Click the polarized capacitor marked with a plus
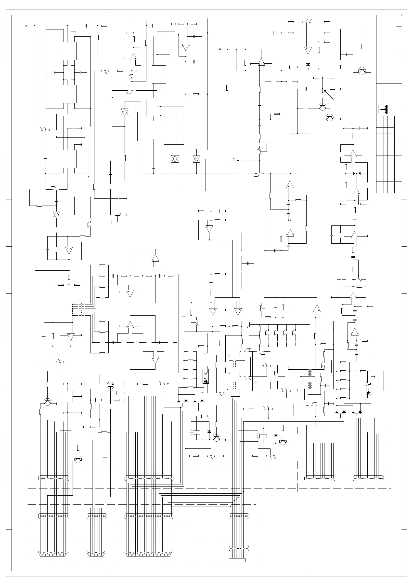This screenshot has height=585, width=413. [306, 89]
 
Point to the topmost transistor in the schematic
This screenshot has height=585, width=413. [362, 71]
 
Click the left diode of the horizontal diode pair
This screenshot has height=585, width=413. [354, 173]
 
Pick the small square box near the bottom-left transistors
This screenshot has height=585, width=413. [67, 396]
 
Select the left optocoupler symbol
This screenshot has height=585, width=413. [205, 376]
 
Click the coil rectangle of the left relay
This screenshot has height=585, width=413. [197, 432]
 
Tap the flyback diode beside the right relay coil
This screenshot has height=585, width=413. [276, 435]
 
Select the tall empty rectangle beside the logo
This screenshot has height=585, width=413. [393, 99]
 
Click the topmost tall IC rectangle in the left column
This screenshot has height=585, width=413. [69, 51]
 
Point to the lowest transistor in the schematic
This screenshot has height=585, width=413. [78, 460]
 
